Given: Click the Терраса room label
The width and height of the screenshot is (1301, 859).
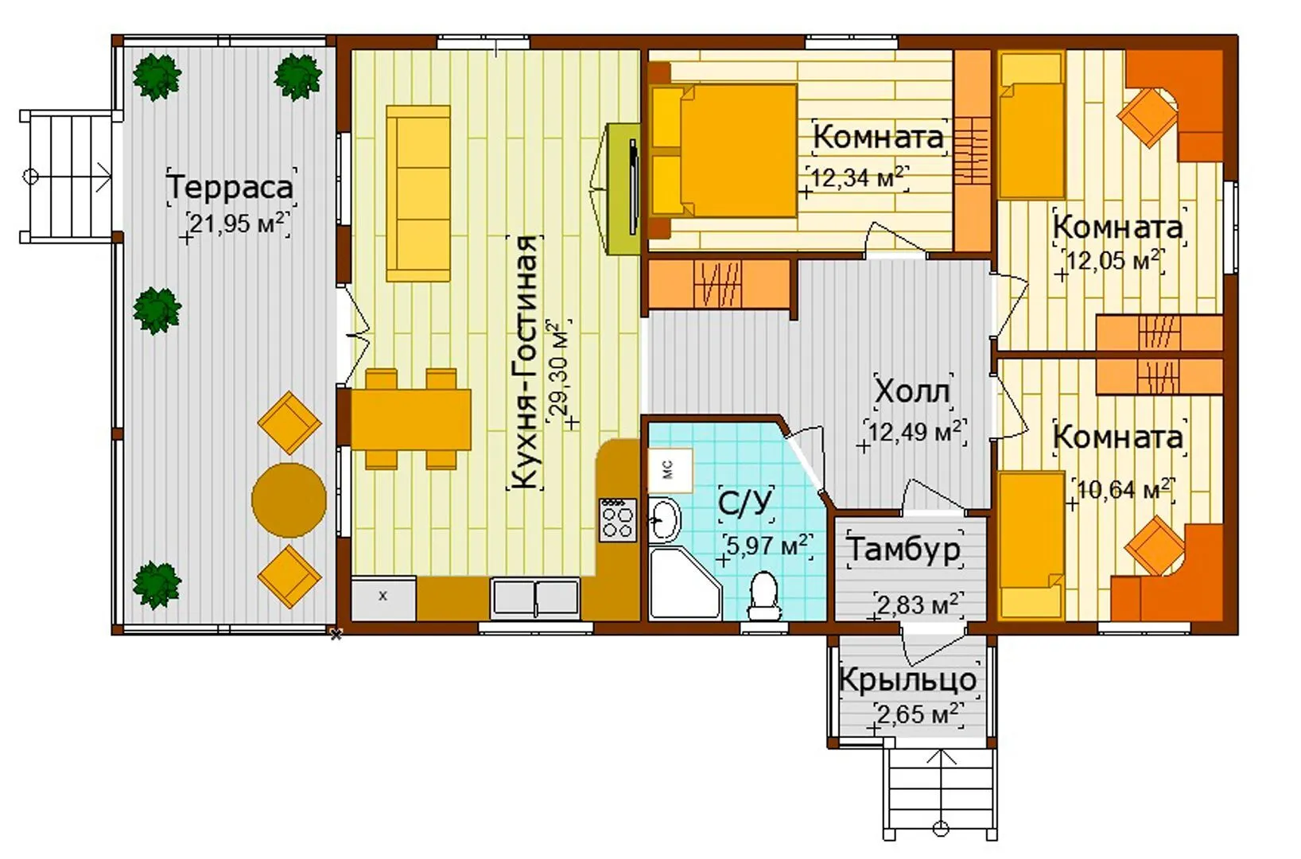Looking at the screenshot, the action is pos(231,187).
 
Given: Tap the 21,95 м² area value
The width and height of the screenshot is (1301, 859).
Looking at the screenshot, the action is pos(237,223).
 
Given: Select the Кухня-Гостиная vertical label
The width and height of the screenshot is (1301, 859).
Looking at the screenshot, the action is pos(526,363).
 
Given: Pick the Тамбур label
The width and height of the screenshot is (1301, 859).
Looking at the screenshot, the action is pos(904,549).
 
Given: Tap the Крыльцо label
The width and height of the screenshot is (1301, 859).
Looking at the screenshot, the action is pos(908,679).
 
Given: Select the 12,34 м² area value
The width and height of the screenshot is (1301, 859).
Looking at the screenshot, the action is pos(858,177).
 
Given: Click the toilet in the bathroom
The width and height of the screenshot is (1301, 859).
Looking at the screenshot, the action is pos(763,597).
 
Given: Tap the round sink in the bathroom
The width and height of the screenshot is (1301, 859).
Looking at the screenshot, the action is pos(664,520).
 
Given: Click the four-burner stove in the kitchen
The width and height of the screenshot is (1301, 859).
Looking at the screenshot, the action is pos(618,520).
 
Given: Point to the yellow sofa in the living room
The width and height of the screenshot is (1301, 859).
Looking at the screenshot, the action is pos(418,193).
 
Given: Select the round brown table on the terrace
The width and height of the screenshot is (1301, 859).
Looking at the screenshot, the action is pos(289,499).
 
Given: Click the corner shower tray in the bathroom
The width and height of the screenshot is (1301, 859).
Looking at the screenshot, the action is pos(684,582).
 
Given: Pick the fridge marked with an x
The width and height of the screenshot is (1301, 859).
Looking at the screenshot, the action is pos(383,597).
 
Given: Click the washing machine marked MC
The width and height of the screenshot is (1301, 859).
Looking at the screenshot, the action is pos(670,470).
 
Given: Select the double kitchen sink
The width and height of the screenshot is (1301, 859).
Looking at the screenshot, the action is pos(535,598).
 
